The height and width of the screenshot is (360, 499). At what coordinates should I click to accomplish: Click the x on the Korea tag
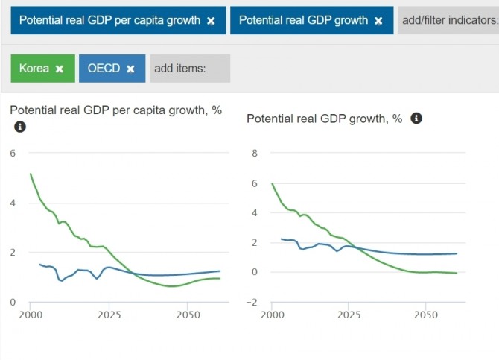point(60,69)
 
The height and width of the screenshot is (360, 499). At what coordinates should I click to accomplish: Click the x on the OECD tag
point(130,69)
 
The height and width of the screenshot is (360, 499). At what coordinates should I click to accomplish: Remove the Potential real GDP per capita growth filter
point(211,21)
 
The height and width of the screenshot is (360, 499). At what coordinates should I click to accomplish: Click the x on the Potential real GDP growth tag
point(378,21)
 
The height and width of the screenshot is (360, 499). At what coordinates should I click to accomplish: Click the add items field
point(189,69)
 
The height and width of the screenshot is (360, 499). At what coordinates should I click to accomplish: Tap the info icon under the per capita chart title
point(20,127)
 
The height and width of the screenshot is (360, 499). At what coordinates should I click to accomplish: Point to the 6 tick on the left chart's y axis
point(12,153)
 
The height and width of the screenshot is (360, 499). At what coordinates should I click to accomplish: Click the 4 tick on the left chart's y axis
point(12,203)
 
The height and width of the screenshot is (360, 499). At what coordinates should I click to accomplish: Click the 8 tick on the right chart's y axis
point(254,154)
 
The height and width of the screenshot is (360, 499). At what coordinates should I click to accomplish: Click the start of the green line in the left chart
point(31,174)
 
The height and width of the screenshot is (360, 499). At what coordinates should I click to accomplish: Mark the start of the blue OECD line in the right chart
point(281,239)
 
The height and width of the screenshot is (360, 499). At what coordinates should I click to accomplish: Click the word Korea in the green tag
point(34,69)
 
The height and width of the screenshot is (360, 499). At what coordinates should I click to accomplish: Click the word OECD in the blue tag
point(104,69)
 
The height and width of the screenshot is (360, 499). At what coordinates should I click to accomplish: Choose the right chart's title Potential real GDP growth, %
point(324,119)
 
